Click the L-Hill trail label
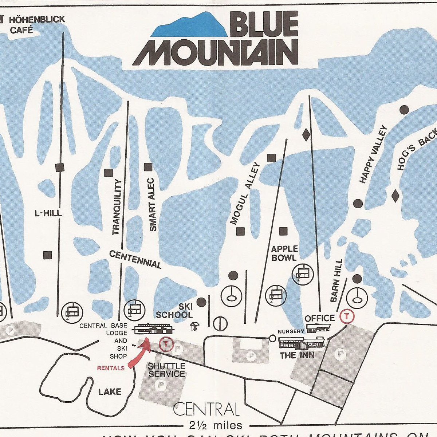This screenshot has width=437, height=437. click(x=48, y=213)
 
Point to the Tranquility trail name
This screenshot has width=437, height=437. click(x=116, y=207)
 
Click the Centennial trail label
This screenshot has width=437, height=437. click(x=135, y=259)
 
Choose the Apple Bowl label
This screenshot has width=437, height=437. click(x=284, y=253)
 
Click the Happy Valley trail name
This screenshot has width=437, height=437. click(x=372, y=154)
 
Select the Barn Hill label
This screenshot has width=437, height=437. click(x=336, y=280)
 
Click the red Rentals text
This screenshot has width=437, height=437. click(x=111, y=368)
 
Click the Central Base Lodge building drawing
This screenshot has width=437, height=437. click(x=153, y=328)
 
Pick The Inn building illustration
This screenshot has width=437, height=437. click(x=302, y=342)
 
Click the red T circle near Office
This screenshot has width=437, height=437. click(x=347, y=316)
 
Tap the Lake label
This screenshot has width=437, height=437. click(x=110, y=391)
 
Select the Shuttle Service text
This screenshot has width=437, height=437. click(x=166, y=370)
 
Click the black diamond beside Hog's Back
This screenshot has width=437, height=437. click(x=395, y=196)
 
